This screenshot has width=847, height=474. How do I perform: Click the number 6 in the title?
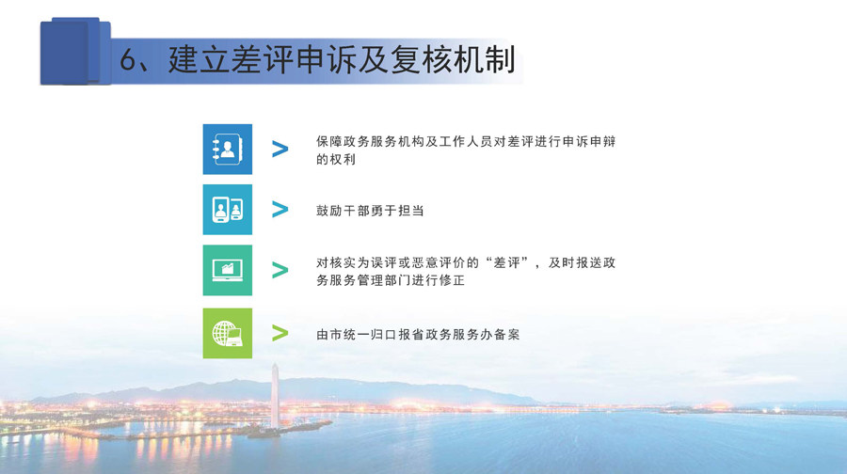click(x=129, y=60)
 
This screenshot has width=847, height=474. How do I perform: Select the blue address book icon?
click(x=228, y=149)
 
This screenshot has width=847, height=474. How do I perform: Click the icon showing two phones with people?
click(x=228, y=210)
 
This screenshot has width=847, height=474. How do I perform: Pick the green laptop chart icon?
click(x=228, y=270)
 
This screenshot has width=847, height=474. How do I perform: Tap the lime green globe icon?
click(x=228, y=333)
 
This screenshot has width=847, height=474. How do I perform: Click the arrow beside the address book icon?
click(x=280, y=149)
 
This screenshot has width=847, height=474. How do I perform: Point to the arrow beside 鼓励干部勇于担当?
click(x=280, y=210)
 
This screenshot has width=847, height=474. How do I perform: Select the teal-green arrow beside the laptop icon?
click(x=280, y=270)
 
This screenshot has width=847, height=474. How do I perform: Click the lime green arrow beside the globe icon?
click(x=280, y=333)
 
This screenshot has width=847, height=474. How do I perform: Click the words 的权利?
click(x=336, y=159)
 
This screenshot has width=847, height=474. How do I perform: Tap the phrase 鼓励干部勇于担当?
click(x=370, y=211)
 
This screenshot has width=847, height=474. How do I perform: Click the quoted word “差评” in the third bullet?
click(x=506, y=263)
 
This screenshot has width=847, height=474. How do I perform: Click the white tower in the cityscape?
click(x=275, y=396)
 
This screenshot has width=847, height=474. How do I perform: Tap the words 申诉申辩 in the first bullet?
click(x=589, y=142)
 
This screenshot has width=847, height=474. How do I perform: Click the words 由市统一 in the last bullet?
click(x=343, y=335)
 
